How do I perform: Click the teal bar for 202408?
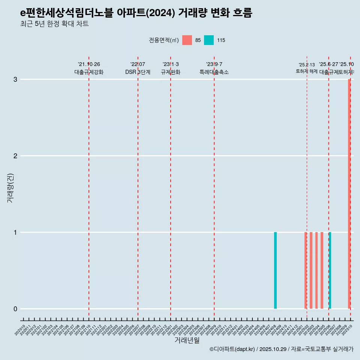(x=275, y=270)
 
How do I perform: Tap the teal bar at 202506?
(x=330, y=270)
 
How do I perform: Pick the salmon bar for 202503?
(x=311, y=270)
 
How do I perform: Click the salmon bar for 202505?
(x=322, y=270)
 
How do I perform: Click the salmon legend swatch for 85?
(x=187, y=40)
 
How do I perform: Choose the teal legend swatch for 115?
(x=209, y=40)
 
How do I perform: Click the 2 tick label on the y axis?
(x=15, y=156)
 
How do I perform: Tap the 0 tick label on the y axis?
(x=15, y=309)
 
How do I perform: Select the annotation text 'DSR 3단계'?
(x=138, y=72)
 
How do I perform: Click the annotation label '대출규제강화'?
(x=89, y=72)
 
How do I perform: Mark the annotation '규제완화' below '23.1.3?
(x=171, y=72)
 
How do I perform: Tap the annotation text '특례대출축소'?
(x=214, y=72)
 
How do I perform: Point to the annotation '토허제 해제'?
(x=307, y=71)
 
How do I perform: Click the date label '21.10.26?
(x=89, y=64)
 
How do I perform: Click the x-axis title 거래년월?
(x=187, y=340)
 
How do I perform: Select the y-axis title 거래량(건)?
(x=10, y=188)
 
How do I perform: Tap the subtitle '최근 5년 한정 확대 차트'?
(x=54, y=24)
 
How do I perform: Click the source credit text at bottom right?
(x=281, y=349)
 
